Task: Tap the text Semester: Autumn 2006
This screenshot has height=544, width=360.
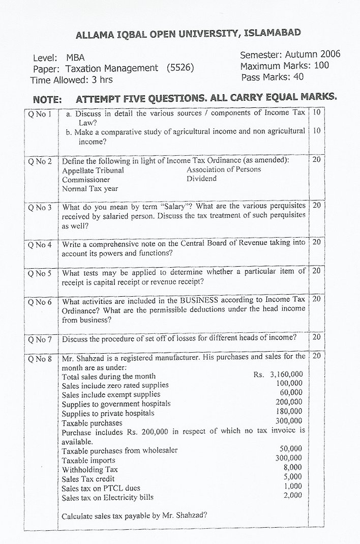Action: coord(290,54)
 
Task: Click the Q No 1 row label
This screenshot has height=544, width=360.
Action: coord(40,114)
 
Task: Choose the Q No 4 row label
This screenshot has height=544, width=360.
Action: coord(40,244)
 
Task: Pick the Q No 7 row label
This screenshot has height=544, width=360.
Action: coord(40,338)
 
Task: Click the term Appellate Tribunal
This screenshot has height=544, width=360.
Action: coord(93,170)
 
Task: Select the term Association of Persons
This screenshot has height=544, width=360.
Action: coord(224,169)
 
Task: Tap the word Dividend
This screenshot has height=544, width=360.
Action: coord(201,179)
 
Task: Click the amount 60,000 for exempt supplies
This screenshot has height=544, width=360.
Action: coord(291,393)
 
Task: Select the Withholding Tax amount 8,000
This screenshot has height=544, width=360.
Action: coord(292,467)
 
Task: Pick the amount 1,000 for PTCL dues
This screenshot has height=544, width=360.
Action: coord(292,486)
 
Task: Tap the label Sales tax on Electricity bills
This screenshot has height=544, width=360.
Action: coord(108,497)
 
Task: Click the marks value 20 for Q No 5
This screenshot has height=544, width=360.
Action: coord(316,271)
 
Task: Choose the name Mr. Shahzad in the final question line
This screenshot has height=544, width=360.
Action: coord(175,516)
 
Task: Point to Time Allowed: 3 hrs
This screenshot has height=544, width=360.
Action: coord(72,80)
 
